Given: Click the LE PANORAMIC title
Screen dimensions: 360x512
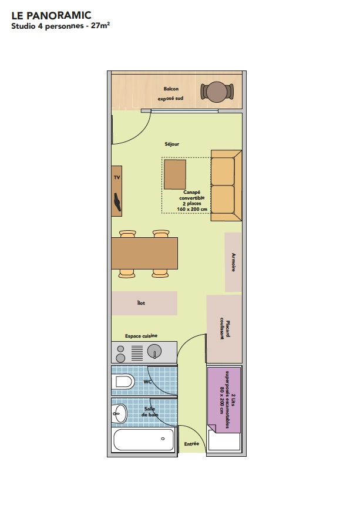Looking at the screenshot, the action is coord(51,15).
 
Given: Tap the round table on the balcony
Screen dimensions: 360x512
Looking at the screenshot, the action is coord(217,92).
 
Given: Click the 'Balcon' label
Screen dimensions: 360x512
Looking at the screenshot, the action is coord(171,89).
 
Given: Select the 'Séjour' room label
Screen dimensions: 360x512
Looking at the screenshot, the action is coord(172,144).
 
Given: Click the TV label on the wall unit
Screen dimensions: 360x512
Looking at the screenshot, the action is coord(117,178).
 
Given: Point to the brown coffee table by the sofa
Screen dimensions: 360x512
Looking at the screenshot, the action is coord(175,174).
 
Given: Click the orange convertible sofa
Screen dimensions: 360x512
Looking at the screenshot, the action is coord(226,186).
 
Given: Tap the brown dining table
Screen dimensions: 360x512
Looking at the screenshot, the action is coord(144,254).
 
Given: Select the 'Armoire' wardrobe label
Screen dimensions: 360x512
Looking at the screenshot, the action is coord(233,262).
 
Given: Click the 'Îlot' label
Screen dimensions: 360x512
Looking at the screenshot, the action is coord(141,303).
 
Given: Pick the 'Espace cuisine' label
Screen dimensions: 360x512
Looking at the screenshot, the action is coord(141,336).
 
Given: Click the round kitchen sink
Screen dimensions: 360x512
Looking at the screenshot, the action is coord(154,352).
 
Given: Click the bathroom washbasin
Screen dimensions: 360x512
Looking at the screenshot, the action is coord(120,413).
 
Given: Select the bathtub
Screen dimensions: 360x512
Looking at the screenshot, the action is coord(143,440).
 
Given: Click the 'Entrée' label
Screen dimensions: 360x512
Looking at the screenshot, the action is coord(191,444).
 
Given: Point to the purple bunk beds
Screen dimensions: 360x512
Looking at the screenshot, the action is coord(224,400).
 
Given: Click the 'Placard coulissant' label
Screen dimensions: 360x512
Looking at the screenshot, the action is coord(225,329).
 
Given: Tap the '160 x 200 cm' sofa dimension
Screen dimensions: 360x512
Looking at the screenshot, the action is coord(192,209).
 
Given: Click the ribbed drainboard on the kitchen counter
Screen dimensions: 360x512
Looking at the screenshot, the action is coord(137,353).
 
